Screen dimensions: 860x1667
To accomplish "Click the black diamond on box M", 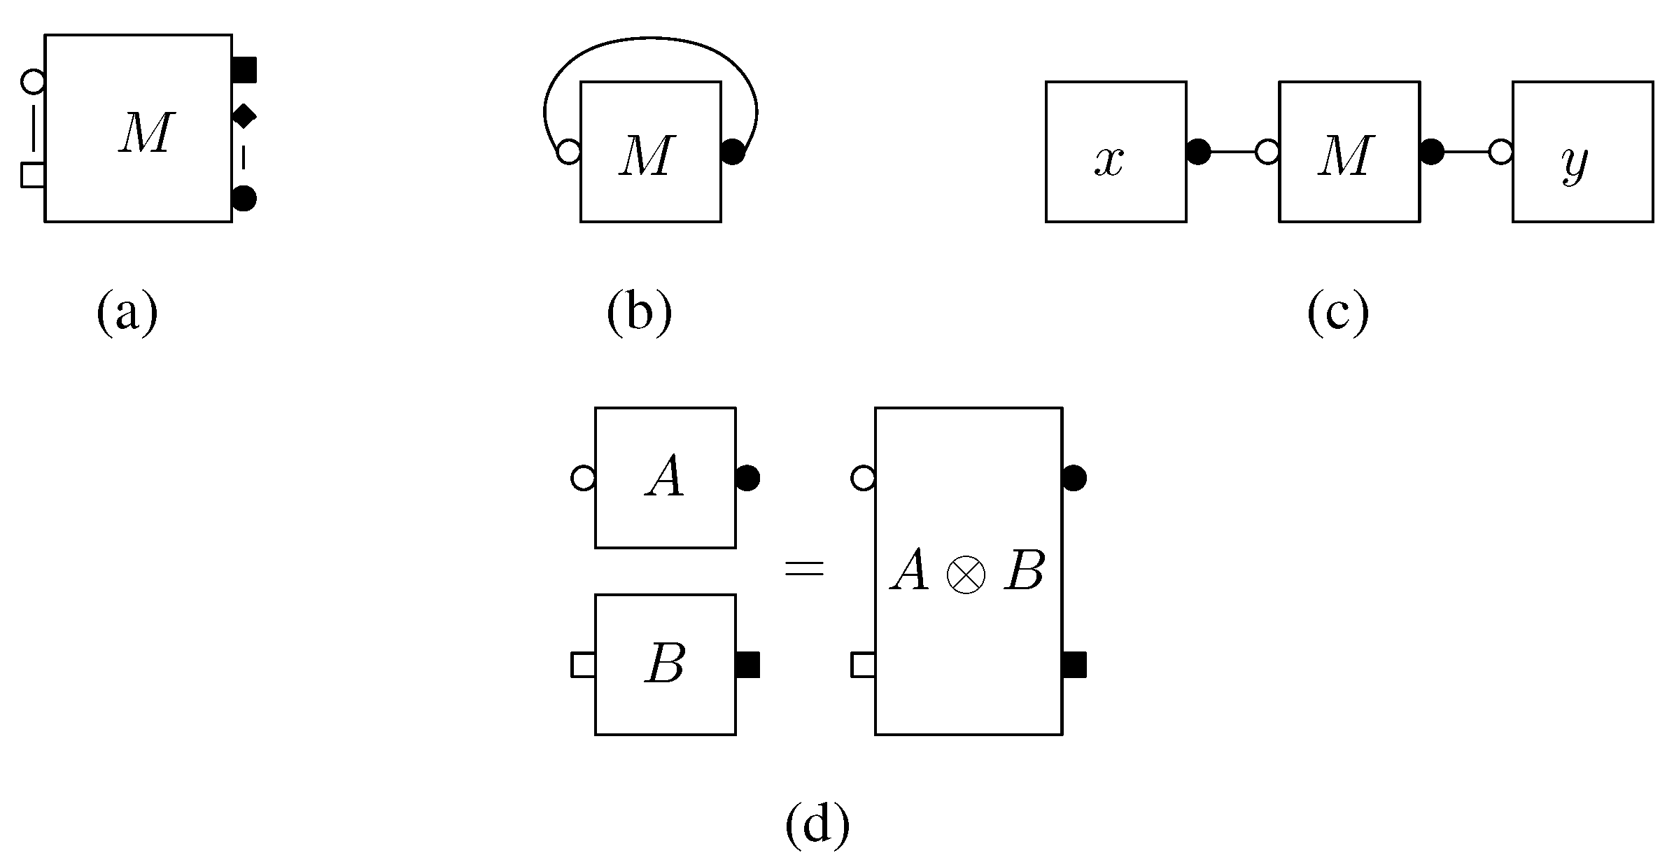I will tap(243, 115).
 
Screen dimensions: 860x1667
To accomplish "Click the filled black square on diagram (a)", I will tap(244, 70).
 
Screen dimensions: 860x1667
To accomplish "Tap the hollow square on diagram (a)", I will tap(33, 175).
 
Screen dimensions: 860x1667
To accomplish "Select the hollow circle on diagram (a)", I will tap(33, 82).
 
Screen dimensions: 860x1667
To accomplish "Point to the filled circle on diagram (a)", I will tap(244, 198).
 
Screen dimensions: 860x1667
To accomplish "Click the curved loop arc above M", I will tap(650, 39).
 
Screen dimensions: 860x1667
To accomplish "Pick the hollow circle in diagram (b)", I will tap(569, 151).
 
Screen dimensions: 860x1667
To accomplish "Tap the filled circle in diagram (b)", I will tap(732, 151).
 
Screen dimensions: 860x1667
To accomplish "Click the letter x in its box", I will tap(1109, 161).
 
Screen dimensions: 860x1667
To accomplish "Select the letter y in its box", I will tap(1575, 164).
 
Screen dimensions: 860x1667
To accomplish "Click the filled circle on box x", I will tap(1198, 151).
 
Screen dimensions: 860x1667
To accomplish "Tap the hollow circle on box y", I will tap(1500, 151).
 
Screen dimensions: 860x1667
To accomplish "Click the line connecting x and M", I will tap(1232, 151).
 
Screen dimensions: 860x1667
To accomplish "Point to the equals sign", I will tap(804, 568).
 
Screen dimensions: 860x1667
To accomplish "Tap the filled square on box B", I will tap(747, 665).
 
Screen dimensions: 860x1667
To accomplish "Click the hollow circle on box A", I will tap(583, 479).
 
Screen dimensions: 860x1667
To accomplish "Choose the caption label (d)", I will tap(817, 824).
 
